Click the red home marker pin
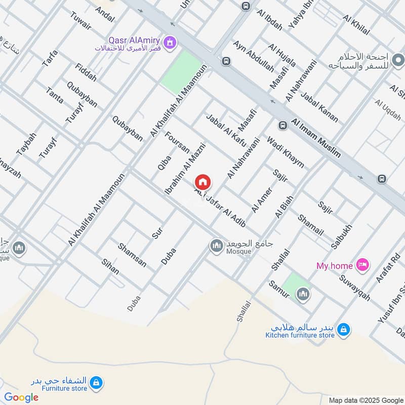[203, 182]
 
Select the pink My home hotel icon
[362, 264]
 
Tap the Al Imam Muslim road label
[316, 138]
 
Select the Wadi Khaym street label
[285, 152]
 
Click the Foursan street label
[177, 143]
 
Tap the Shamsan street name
[132, 255]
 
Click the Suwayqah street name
[355, 287]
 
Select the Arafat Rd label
[388, 271]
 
